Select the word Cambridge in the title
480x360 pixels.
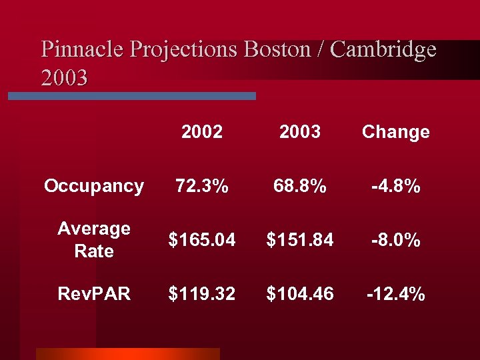383,49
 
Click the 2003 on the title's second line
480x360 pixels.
64,78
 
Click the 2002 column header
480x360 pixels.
202,132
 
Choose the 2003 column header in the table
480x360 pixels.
300,132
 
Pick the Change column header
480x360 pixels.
395,132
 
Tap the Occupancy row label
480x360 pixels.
94,186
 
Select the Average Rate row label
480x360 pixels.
94,240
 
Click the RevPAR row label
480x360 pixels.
94,293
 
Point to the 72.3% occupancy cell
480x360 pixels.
202,186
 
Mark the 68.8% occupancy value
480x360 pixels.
300,186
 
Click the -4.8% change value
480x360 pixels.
395,186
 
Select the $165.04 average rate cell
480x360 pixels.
202,240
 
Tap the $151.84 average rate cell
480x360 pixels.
300,240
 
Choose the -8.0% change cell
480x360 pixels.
395,240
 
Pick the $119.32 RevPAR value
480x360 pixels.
202,293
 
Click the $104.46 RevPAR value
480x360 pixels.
300,293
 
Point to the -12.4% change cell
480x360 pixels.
395,293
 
